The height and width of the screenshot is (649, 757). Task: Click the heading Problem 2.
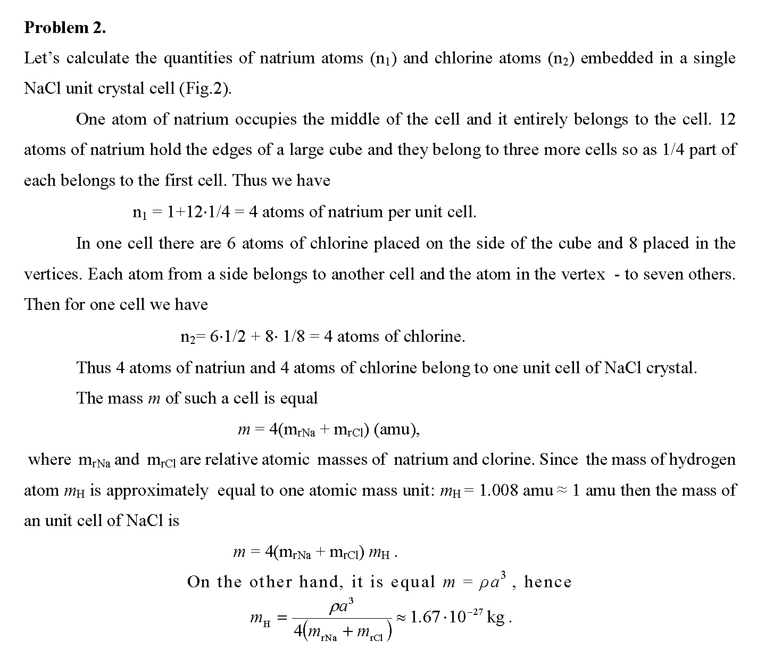[65, 28]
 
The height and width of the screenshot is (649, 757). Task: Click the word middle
[355, 119]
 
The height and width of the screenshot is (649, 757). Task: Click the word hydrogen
[702, 459]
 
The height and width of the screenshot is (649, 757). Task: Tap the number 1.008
[498, 490]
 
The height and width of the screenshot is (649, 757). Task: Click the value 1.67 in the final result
[426, 618]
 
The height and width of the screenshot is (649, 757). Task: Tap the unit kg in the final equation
[496, 618]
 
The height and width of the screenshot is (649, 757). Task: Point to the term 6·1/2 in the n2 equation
[228, 336]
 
